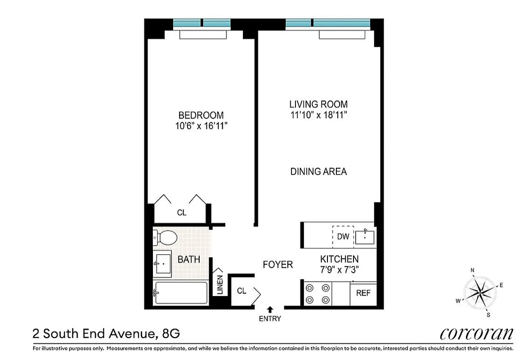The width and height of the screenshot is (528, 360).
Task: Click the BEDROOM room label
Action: click(201, 115)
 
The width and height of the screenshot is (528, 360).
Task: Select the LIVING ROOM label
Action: click(318, 104)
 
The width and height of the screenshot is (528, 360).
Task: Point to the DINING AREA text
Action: click(318, 171)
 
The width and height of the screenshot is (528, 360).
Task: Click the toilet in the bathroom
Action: click(164, 238)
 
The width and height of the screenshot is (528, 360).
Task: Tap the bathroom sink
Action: click(162, 264)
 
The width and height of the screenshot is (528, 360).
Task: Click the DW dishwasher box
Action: click(343, 235)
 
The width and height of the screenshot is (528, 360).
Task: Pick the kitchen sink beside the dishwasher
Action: click(365, 235)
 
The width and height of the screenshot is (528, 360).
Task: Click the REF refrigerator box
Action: click(363, 293)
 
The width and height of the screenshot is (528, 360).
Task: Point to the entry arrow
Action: click(270, 309)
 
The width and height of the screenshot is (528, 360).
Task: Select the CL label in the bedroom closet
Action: click(181, 213)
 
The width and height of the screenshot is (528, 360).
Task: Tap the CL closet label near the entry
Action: click(242, 291)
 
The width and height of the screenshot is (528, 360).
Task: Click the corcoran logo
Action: click(476, 334)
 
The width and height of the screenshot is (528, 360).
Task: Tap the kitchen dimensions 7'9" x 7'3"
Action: click(339, 270)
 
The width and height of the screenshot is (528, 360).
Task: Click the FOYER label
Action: click(277, 265)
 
